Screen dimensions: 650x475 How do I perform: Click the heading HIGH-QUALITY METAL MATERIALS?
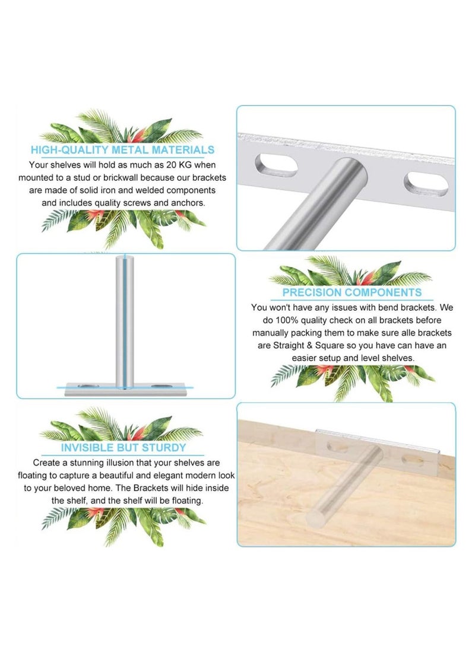click(122, 150)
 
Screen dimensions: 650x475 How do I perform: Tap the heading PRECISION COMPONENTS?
click(351, 292)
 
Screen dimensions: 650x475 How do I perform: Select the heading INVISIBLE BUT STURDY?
click(123, 448)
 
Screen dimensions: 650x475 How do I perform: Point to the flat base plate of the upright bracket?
click(125, 388)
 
